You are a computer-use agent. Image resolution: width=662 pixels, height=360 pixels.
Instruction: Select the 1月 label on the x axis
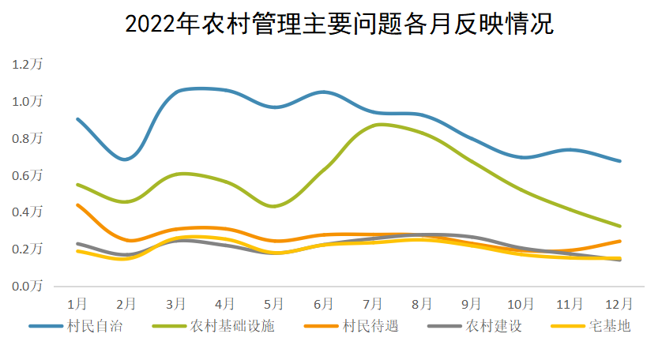[x=77, y=303]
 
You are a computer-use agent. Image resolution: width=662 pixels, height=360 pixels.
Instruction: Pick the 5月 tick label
[x=274, y=303]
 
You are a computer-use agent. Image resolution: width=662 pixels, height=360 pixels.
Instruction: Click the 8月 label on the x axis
[x=422, y=303]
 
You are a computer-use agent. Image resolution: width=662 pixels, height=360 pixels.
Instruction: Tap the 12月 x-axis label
[x=619, y=303]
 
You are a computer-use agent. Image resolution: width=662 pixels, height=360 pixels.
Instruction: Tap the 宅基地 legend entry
[x=609, y=325]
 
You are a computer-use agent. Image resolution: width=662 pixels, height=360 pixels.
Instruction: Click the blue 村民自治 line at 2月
[x=126, y=159]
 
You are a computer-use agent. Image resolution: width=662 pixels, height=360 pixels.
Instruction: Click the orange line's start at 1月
[x=77, y=205]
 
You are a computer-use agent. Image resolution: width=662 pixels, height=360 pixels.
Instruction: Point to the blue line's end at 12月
[x=619, y=161]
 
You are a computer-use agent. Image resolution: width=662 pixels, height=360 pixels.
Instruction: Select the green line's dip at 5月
[x=273, y=206]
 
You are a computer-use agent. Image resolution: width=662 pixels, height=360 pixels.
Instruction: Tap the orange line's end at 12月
[x=619, y=241]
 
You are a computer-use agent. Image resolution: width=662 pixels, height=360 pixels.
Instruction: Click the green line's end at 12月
[x=619, y=226]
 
